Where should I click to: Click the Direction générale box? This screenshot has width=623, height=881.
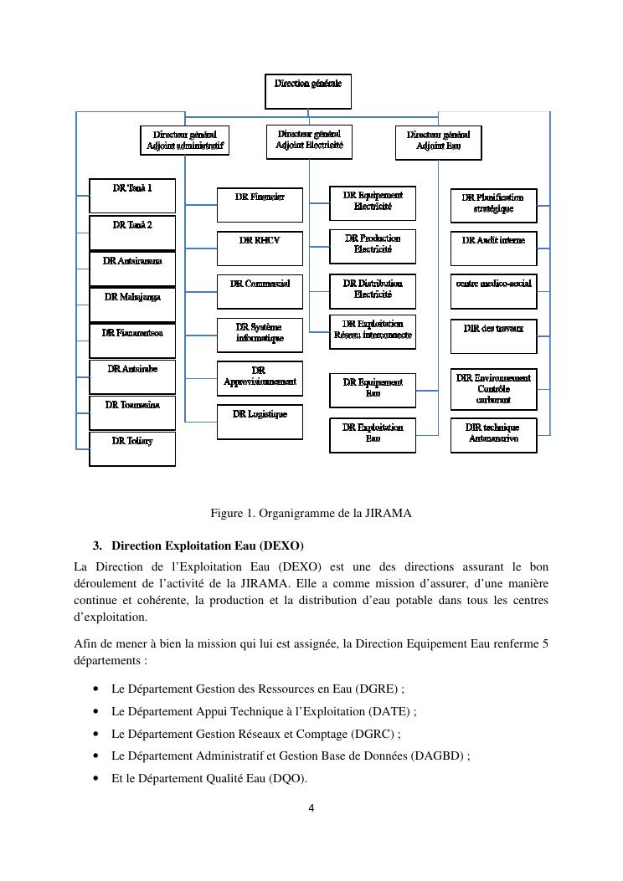[x=308, y=91]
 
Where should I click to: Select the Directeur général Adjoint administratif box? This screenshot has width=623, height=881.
[x=183, y=140]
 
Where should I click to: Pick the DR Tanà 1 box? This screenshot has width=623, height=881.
[x=132, y=195]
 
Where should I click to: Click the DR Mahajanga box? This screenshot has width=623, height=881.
[x=132, y=305]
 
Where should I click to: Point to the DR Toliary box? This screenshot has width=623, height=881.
[x=132, y=448]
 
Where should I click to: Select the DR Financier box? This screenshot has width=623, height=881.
[x=260, y=204]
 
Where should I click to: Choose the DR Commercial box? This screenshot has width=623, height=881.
[x=260, y=292]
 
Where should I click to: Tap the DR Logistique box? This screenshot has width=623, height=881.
[x=260, y=422]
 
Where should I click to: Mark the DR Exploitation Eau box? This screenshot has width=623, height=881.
[x=373, y=435]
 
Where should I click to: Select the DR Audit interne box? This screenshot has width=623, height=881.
[x=493, y=248]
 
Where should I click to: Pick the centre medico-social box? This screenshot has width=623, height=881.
[x=493, y=292]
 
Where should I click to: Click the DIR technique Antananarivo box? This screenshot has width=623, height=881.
[x=493, y=435]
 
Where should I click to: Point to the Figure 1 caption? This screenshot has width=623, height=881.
[x=311, y=513]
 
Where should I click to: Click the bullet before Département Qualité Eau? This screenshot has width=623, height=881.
[x=96, y=778]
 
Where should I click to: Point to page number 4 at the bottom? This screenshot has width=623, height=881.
[x=311, y=808]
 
